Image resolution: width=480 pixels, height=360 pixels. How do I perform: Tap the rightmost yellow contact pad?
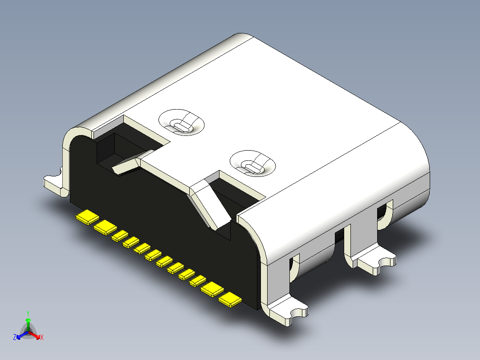[x=230, y=300]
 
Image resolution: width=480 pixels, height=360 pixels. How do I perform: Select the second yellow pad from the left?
[x=106, y=227]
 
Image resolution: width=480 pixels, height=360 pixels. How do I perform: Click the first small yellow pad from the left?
[x=120, y=236]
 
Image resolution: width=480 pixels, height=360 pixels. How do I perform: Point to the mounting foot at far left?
[x=53, y=183]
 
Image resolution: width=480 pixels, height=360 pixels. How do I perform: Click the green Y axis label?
[x=28, y=313]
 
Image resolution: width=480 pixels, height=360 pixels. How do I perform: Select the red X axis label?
[x=41, y=337]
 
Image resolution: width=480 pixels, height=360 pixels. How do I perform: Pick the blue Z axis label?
[x=15, y=337]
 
